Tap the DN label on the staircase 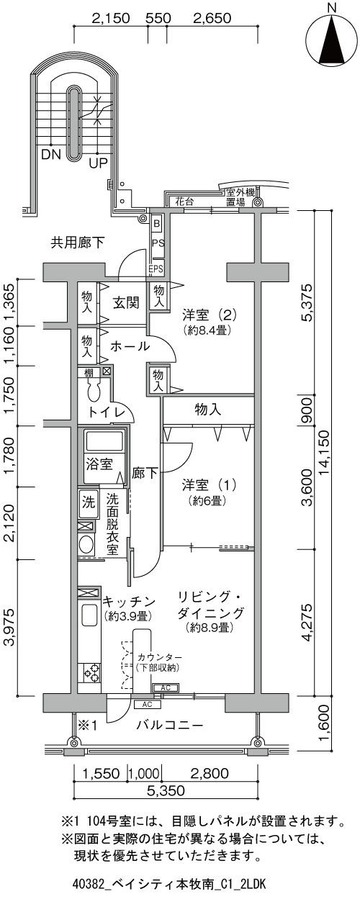tap(50, 154)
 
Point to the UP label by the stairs tap(98, 163)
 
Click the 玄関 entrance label tap(126, 302)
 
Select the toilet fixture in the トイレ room tap(94, 391)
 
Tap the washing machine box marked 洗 tap(89, 502)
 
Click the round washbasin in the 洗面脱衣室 tap(86, 544)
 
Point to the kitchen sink tap(89, 618)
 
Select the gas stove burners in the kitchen tap(89, 672)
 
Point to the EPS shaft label tap(156, 269)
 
